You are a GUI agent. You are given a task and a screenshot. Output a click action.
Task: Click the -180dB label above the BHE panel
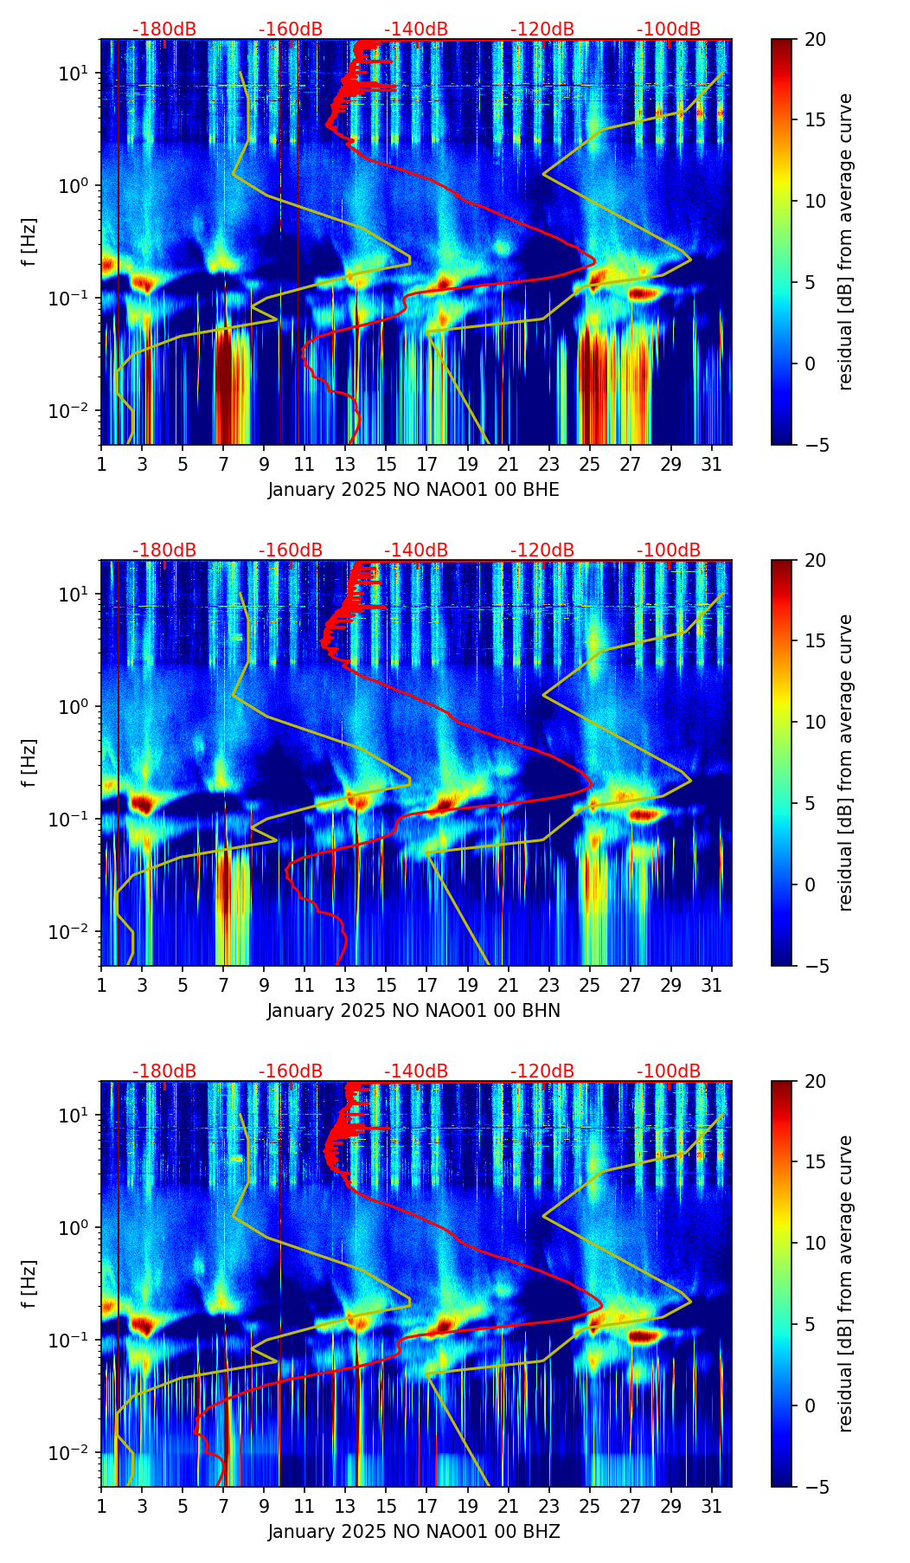(164, 29)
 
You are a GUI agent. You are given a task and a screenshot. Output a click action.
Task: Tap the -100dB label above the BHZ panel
(669, 1071)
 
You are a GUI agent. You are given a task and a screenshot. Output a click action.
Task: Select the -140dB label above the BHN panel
(416, 550)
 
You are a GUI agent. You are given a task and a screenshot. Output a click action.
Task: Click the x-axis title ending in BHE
(413, 490)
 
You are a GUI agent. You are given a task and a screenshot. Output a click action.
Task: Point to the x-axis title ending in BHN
(413, 1011)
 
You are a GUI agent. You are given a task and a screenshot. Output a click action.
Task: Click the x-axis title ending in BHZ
(413, 1532)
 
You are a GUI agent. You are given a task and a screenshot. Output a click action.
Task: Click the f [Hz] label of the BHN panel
(30, 762)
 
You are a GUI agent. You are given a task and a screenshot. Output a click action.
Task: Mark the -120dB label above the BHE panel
(542, 29)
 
